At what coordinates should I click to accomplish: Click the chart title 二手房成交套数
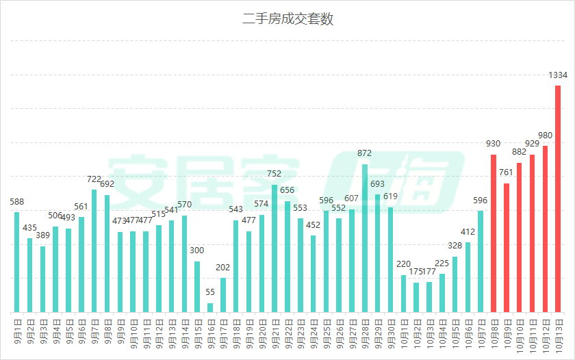pos(287,19)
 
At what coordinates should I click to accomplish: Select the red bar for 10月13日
pos(558,198)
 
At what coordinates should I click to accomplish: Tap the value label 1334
pos(558,75)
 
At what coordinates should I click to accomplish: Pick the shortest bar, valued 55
pos(210,308)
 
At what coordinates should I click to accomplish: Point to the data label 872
pos(365,153)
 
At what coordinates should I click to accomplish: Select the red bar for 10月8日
pos(494,233)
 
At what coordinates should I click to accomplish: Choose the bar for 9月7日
pos(94,250)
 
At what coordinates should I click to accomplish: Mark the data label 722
pos(94,179)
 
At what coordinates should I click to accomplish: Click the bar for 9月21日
pos(274,248)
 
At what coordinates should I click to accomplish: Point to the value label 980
pos(546,135)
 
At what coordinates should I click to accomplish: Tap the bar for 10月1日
pos(404,294)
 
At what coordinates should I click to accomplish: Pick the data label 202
pos(223,268)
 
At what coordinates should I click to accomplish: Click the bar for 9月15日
pos(197,287)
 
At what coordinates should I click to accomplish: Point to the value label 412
pos(468,232)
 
